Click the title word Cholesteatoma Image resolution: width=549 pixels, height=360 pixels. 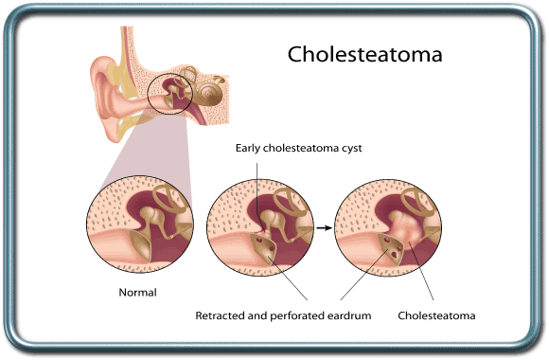point(365,54)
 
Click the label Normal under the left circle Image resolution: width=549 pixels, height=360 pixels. point(137,294)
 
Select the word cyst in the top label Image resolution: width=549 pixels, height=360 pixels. point(350,147)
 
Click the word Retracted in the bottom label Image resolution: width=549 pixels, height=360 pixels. point(222,315)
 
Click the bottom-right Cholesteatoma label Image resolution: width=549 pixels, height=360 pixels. point(436,315)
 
